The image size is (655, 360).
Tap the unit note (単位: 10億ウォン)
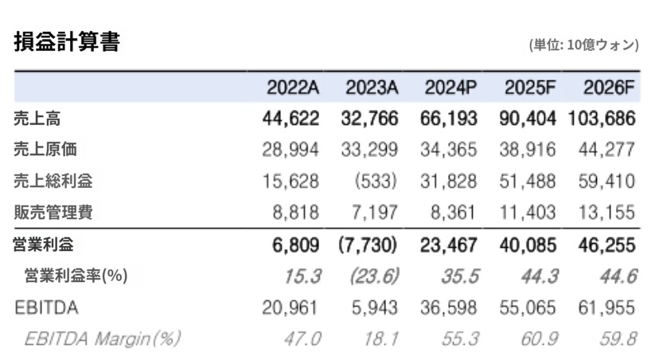pos(583,45)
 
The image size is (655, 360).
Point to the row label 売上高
pos(37,119)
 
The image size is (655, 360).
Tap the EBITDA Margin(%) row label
pos(102,338)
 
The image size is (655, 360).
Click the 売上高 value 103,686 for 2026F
pos(602,119)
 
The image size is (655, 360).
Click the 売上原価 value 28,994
pos(290,150)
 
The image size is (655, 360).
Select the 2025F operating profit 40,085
pos(528,245)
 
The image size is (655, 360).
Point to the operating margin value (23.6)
pos(373,276)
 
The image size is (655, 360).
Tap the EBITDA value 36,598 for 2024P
pos(450,307)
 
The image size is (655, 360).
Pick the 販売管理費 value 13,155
pos(607,212)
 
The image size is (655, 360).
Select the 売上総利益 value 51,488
pos(528,181)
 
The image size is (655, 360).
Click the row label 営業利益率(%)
pos(76,276)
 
